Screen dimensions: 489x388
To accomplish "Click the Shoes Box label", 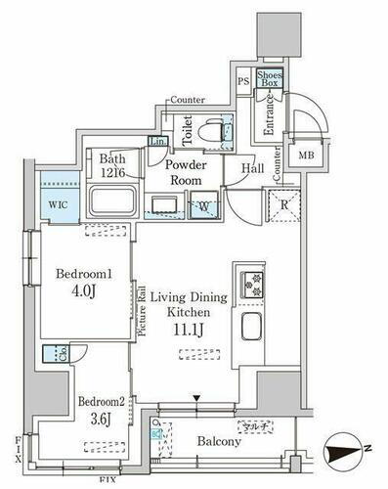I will point(270,79).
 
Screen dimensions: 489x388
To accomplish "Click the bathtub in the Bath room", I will point(114,202).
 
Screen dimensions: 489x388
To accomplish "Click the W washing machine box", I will point(206,205).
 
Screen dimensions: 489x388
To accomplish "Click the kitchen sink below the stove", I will point(249,328).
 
